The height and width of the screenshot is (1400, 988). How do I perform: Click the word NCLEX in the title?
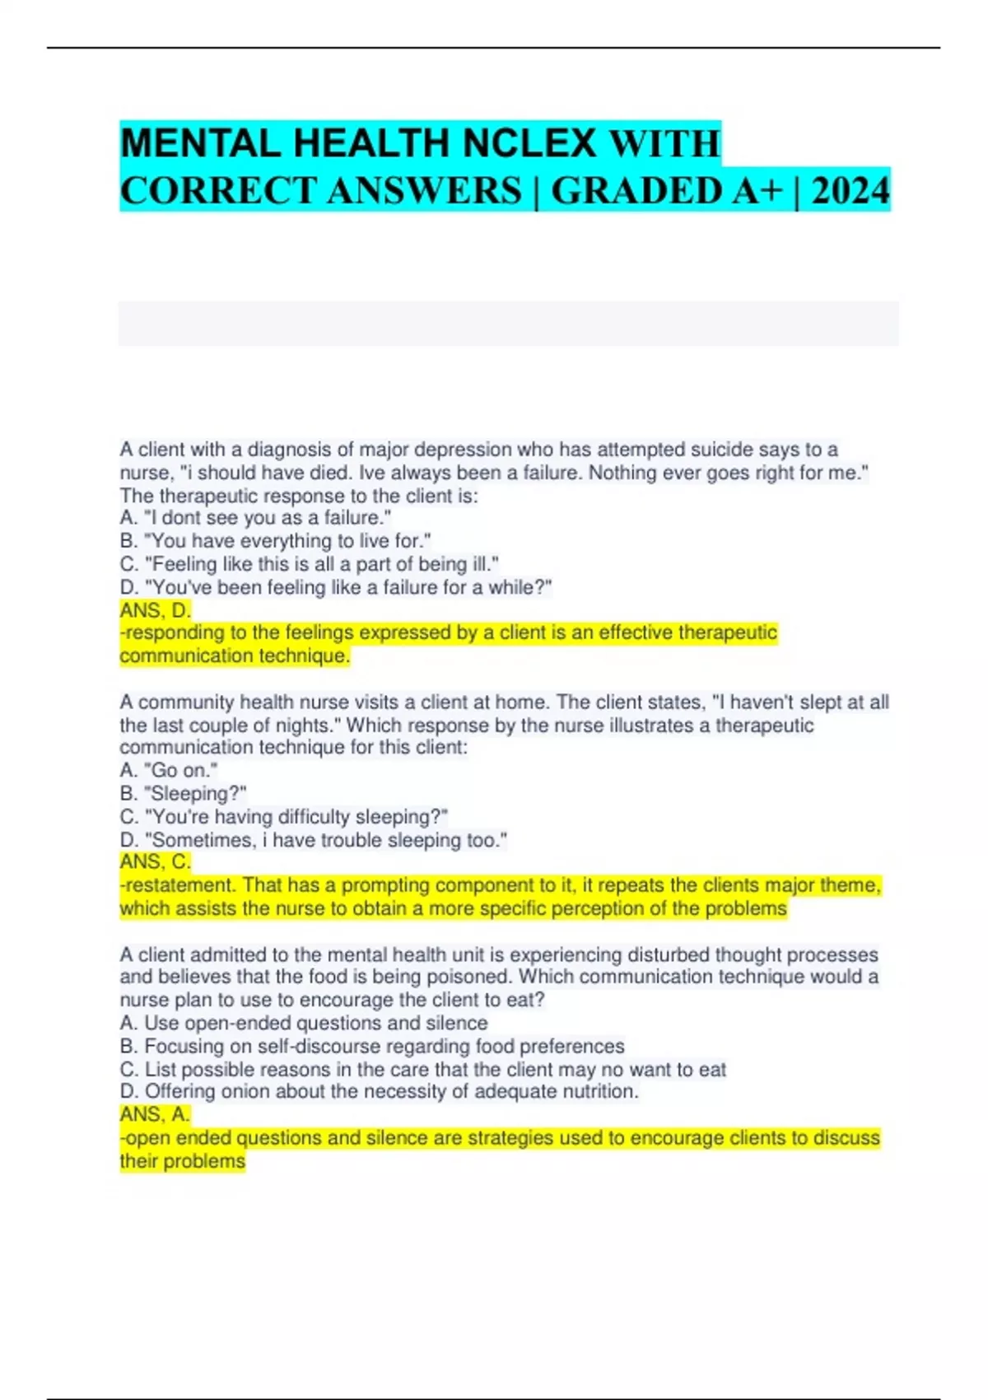[529, 143]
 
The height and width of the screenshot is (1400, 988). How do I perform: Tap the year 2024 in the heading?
[851, 190]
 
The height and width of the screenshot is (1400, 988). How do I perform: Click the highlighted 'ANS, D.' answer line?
[156, 610]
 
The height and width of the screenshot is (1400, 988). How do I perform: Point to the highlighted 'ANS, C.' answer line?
[156, 861]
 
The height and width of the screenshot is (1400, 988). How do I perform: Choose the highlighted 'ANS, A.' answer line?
[156, 1114]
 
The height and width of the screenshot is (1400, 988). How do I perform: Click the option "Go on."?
[169, 770]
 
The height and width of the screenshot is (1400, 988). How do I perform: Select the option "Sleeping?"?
[183, 793]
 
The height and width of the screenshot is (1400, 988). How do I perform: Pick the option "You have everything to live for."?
[275, 541]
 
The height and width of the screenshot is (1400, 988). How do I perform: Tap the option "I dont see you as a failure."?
[255, 518]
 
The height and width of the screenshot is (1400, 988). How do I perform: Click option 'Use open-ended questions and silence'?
[304, 1023]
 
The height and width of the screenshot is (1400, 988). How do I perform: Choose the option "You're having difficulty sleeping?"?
[284, 816]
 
